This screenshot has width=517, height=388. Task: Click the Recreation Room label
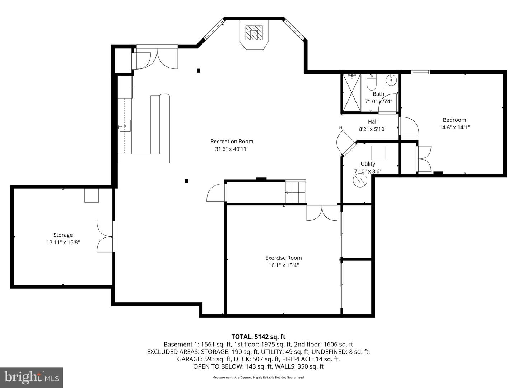(x=232, y=142)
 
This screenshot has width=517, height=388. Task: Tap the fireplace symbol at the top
(x=254, y=34)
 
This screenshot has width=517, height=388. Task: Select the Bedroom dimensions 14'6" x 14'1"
(x=455, y=127)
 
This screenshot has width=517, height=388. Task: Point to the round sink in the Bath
(x=391, y=81)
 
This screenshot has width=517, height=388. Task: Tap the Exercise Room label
(x=283, y=258)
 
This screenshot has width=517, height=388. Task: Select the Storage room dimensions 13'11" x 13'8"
(x=63, y=242)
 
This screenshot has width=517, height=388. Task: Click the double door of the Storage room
(x=105, y=236)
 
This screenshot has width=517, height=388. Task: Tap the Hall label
(x=372, y=122)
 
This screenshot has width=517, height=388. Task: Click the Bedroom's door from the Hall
(x=408, y=126)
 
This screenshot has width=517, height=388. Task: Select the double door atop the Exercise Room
(x=322, y=212)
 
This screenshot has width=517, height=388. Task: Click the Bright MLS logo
(x=32, y=377)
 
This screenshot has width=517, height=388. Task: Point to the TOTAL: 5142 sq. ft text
(x=258, y=337)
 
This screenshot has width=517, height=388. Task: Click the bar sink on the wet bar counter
(x=125, y=126)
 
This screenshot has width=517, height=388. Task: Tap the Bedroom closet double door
(x=424, y=159)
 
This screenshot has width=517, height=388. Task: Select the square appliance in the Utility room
(x=378, y=153)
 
